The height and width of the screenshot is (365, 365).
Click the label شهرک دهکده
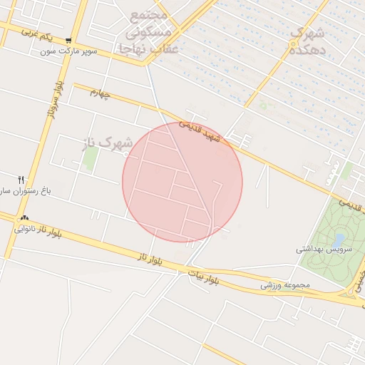click(308, 41)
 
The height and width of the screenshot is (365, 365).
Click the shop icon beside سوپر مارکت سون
click(68, 41)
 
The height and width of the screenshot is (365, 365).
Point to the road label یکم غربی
click(37, 33)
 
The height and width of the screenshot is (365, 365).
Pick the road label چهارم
click(101, 93)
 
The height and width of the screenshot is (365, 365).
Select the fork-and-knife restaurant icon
click(21, 179)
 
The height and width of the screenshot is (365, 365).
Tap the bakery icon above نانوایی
click(25, 217)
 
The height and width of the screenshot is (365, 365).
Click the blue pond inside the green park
click(339, 239)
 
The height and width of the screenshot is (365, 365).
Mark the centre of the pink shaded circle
click(182, 182)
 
